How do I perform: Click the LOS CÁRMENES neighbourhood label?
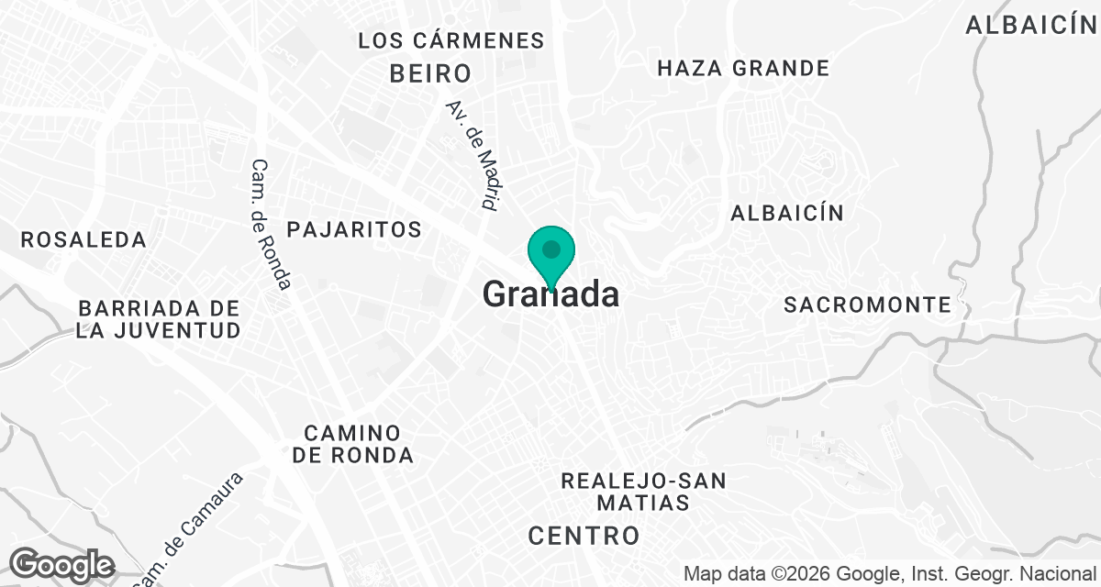(450, 40)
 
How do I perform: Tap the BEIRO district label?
(430, 73)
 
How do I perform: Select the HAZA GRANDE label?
(743, 68)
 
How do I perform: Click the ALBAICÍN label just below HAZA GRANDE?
(786, 213)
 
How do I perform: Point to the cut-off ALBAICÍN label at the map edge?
(1031, 26)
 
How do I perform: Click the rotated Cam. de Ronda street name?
(271, 224)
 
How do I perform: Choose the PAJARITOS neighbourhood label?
(354, 228)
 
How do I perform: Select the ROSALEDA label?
(83, 239)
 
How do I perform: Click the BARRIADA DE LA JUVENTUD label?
(159, 318)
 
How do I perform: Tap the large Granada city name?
(550, 294)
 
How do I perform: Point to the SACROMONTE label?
(867, 305)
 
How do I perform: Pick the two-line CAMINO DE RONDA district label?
(353, 443)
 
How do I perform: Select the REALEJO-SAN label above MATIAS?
(643, 480)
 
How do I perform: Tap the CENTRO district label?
(584, 535)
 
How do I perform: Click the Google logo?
(61, 564)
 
